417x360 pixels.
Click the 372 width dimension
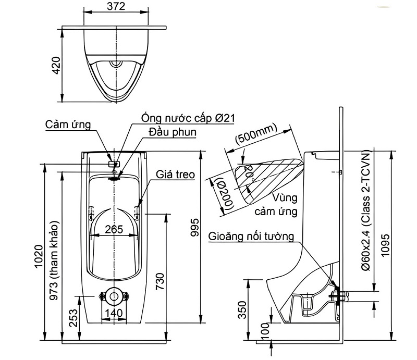[x=116, y=6]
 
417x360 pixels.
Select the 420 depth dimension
[x=56, y=66]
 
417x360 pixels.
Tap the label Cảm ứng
[x=68, y=125]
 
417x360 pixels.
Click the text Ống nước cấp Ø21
[x=188, y=118]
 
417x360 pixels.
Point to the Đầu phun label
[x=173, y=132]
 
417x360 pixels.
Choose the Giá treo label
[x=175, y=175]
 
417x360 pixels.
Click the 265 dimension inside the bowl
[x=114, y=229]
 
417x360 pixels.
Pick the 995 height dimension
[x=195, y=228]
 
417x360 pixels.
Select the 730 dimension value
[x=160, y=282]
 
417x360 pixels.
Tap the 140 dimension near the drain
[x=114, y=313]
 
